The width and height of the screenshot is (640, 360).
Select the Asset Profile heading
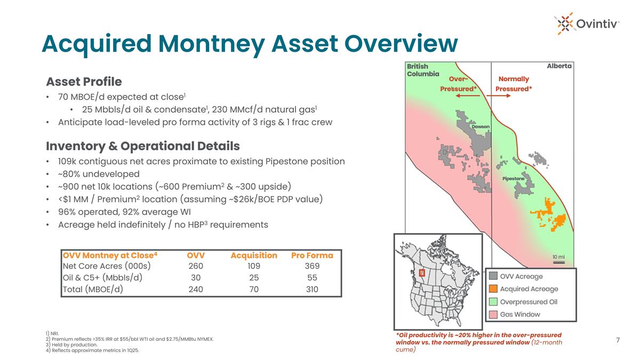point(84,82)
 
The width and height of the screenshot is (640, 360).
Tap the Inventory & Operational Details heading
point(143,146)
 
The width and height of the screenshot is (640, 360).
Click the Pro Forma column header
point(311,255)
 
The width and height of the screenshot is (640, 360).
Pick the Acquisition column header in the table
point(254,255)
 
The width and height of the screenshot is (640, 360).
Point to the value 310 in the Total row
point(311,290)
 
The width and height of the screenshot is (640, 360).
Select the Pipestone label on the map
point(513,178)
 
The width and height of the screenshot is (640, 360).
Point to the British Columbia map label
point(423,70)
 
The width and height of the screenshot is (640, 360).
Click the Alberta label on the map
point(559,66)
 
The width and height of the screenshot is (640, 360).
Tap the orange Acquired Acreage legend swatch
point(494,289)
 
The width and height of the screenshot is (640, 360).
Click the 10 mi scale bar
point(559,260)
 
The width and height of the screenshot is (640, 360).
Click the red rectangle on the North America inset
point(422,273)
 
